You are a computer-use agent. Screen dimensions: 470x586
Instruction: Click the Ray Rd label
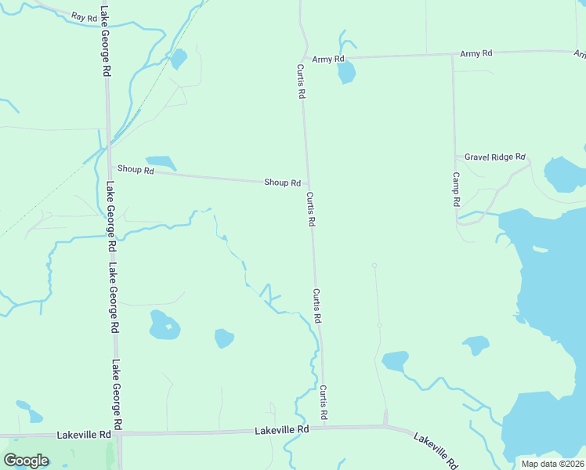coord(82,16)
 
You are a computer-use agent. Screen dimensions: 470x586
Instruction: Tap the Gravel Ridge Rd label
coord(494,157)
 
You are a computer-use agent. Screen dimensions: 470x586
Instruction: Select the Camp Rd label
coord(456,190)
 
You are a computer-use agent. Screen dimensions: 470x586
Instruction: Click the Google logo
coord(26,461)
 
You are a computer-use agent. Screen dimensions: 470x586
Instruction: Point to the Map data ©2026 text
coord(552,464)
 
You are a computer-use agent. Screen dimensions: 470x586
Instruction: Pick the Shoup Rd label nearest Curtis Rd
coord(282,183)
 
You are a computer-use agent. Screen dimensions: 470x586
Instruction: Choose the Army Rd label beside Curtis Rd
coord(327,59)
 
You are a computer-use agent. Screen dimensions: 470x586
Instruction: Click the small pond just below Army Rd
coord(345,73)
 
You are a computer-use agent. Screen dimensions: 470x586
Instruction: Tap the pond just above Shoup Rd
coord(161,162)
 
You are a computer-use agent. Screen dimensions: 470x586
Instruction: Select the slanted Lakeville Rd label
coord(436,452)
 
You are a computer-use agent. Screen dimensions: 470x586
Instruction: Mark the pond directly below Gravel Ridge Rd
coord(562,175)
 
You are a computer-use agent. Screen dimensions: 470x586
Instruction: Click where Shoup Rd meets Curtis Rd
coord(307,183)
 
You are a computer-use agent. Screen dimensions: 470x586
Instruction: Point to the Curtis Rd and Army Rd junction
coord(302,58)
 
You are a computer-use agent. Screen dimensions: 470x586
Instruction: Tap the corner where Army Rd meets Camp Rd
coord(453,55)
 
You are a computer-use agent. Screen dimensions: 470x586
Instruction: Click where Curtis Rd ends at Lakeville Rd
coord(325,428)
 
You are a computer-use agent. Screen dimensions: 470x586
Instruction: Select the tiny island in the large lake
coord(540,250)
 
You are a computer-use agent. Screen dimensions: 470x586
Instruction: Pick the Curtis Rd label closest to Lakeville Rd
coord(323,401)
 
